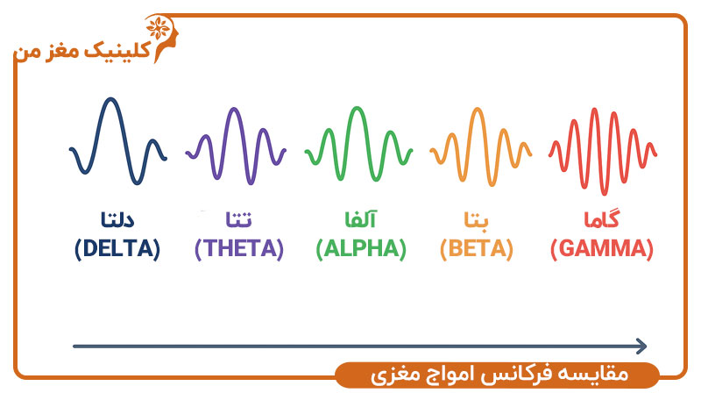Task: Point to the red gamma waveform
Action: point(603,149)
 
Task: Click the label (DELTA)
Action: point(117,248)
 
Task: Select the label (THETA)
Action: point(239,248)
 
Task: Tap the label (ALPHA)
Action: point(361,248)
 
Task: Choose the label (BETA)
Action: point(476,248)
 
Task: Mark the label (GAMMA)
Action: point(602,248)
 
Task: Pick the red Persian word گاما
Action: point(602,218)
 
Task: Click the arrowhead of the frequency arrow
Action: point(641,347)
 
